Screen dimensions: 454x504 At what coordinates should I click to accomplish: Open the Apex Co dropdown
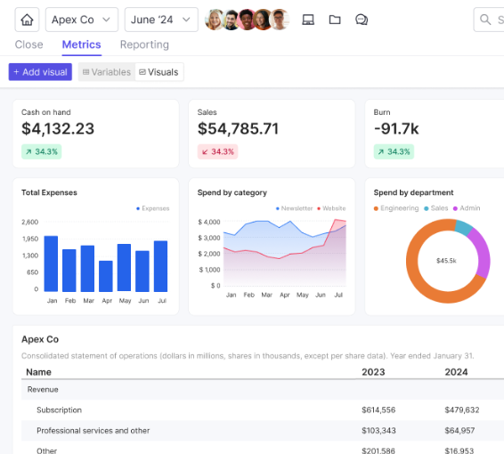pyautogui.click(x=81, y=20)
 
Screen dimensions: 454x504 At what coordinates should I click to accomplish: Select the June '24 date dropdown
pyautogui.click(x=161, y=20)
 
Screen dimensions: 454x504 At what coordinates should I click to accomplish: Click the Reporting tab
pyautogui.click(x=144, y=45)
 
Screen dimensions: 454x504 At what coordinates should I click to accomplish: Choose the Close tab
pyautogui.click(x=29, y=45)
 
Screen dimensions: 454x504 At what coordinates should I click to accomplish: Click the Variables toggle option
pyautogui.click(x=106, y=72)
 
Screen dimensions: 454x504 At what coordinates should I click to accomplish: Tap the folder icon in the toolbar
pyautogui.click(x=335, y=20)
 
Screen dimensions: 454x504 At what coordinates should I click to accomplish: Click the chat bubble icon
pyautogui.click(x=362, y=20)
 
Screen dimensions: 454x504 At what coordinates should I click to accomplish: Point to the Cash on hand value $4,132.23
pyautogui.click(x=58, y=129)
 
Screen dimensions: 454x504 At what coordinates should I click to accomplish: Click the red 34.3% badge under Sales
pyautogui.click(x=218, y=151)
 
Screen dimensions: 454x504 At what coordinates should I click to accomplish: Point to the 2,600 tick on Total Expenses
pyautogui.click(x=29, y=222)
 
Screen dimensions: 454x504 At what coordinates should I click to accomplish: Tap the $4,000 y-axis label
pyautogui.click(x=209, y=222)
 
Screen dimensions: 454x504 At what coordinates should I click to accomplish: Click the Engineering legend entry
pyautogui.click(x=397, y=208)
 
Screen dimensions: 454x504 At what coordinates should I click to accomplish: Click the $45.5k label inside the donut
pyautogui.click(x=446, y=261)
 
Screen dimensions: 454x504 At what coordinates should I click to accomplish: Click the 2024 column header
pyautogui.click(x=456, y=372)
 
